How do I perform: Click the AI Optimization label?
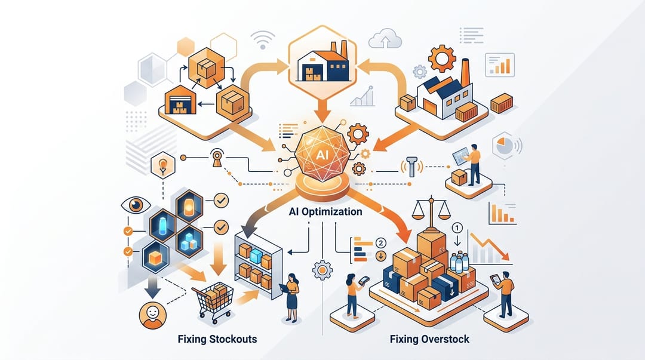point(325,212)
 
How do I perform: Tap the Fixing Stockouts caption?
point(217,340)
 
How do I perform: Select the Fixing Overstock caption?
point(429,340)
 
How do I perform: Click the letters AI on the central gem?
point(322,155)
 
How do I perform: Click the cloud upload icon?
point(385,38)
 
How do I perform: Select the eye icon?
point(136,205)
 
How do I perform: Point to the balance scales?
point(431,213)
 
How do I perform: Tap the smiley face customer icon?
point(153,316)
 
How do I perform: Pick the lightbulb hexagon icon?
point(163,165)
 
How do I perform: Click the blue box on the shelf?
point(256,256)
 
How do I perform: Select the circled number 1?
point(457,228)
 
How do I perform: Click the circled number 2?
point(381,243)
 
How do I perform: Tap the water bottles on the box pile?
point(459,263)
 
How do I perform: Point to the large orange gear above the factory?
point(442,59)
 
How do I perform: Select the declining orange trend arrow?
point(490,247)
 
